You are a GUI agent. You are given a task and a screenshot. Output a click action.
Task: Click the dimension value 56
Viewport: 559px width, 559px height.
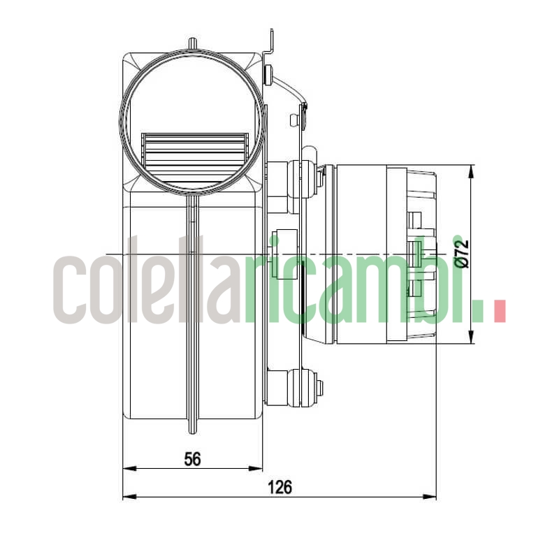coord(192,459)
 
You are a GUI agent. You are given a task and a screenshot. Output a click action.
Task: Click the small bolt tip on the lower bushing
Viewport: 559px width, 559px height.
coord(319,386)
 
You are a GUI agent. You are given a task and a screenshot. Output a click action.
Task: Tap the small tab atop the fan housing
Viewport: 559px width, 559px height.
coord(192,43)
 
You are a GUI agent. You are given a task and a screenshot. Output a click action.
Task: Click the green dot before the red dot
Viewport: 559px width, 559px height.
coord(478,312)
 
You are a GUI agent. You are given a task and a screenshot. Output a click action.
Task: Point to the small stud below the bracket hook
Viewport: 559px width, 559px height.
coord(268,73)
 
